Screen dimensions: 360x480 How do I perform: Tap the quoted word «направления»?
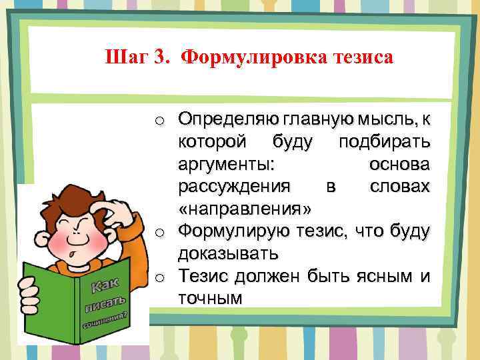[244, 209]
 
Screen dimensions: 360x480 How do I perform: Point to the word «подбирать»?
[384, 143]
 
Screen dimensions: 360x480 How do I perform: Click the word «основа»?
[399, 165]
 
